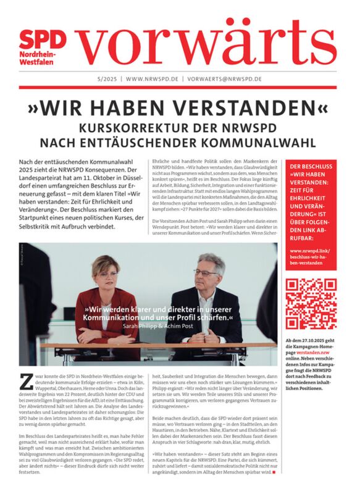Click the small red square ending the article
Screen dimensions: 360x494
[x=274, y=472]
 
